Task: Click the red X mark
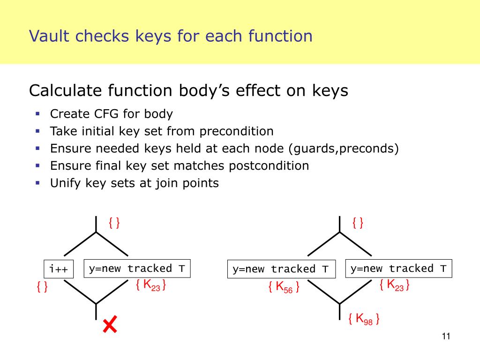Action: tap(110, 324)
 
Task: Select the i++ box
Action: tap(59, 269)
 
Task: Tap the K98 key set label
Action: tap(364, 320)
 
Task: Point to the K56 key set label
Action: tap(284, 287)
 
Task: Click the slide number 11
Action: tap(445, 336)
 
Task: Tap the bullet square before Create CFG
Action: tap(37, 113)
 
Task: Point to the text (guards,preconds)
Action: tap(343, 149)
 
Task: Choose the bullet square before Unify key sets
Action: tap(37, 182)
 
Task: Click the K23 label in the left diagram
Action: tap(151, 285)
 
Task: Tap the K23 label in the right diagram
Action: tap(395, 285)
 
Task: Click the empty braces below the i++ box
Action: tap(42, 287)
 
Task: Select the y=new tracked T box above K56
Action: tap(281, 269)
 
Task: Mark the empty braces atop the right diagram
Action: tap(358, 223)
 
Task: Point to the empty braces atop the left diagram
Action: tap(114, 223)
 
